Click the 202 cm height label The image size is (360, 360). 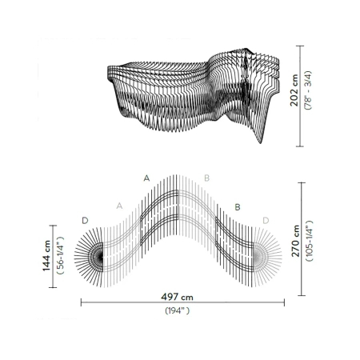tap(294, 90)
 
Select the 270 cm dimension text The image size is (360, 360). tap(295, 241)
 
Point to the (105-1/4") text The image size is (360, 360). tap(309, 241)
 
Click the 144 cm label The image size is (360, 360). tap(46, 255)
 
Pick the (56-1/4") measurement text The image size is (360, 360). tap(60, 255)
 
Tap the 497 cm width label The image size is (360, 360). tap(177, 297)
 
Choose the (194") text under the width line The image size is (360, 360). tap(178, 310)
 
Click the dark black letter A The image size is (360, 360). tap(146, 178)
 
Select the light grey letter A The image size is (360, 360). tap(119, 206)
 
